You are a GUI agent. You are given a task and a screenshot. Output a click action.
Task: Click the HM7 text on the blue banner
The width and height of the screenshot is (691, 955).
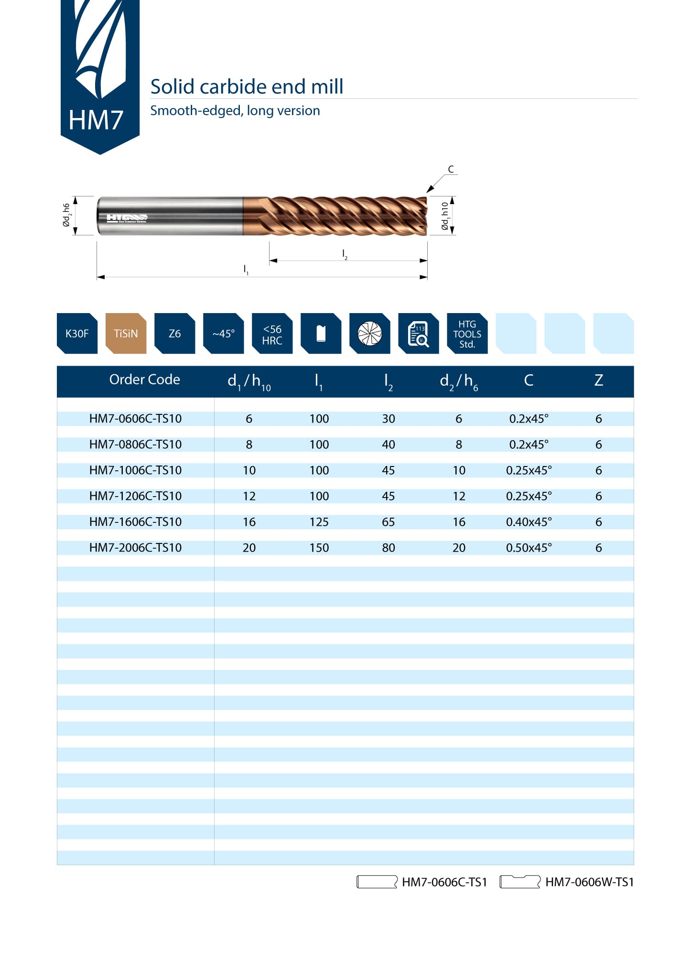point(96,119)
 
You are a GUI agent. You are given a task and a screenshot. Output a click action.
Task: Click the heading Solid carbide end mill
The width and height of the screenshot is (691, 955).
point(247,87)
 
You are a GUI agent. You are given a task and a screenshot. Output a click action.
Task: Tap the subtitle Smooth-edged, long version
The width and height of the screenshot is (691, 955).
point(235,110)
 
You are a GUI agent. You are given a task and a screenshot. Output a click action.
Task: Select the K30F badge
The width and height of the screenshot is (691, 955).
point(77,333)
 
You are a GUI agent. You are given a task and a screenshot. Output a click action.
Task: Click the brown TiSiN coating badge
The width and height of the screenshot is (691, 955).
point(126,333)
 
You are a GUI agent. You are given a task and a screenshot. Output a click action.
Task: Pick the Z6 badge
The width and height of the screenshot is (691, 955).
point(174,333)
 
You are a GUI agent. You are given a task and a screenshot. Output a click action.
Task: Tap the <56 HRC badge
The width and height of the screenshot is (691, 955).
point(272,334)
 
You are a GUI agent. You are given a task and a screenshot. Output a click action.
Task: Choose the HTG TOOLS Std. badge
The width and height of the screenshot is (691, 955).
point(467,334)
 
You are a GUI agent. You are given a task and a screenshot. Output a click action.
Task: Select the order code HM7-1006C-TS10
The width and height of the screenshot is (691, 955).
point(135,470)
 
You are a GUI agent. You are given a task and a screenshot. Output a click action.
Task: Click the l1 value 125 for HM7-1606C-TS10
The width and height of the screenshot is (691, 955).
point(319,521)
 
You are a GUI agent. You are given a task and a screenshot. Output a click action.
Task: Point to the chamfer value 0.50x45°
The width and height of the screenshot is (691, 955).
point(529,547)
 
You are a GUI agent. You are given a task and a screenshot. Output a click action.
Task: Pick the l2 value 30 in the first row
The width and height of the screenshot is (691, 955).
point(388,418)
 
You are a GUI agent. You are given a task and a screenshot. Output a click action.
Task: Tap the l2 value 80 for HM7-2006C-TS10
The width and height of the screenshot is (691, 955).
point(388,547)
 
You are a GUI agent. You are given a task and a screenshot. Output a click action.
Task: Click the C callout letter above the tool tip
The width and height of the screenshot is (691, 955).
point(451,169)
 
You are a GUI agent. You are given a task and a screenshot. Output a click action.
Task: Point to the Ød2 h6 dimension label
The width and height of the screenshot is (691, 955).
point(67,215)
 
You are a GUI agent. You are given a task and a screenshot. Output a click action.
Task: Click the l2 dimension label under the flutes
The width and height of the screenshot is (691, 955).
point(345,254)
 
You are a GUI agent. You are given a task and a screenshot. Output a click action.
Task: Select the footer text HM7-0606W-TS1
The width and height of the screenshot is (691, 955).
point(589,882)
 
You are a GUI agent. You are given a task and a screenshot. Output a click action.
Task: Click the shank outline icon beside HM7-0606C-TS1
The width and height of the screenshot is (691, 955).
point(377,882)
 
